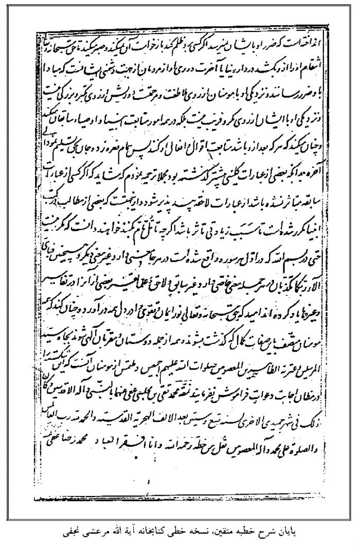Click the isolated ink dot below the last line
148,482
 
